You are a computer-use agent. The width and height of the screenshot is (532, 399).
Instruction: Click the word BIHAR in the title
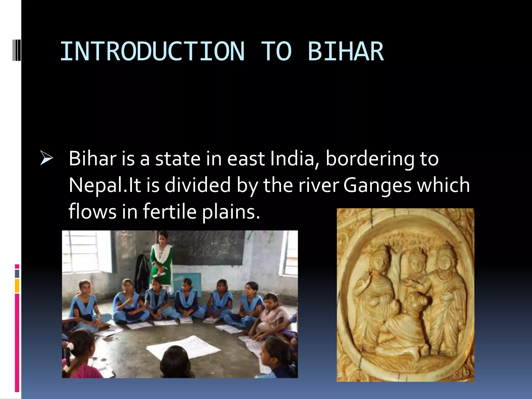point(345,51)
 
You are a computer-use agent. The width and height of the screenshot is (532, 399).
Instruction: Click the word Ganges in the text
point(377,185)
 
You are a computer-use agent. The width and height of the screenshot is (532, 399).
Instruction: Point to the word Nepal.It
point(105,185)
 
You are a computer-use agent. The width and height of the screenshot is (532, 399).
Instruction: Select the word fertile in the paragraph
point(170,211)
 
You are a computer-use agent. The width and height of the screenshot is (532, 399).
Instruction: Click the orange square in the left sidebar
point(17,286)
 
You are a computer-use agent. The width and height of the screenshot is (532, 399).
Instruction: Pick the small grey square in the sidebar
point(17,274)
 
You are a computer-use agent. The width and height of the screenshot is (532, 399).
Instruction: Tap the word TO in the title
point(276,51)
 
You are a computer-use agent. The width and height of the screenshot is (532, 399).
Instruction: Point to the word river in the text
point(318,185)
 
